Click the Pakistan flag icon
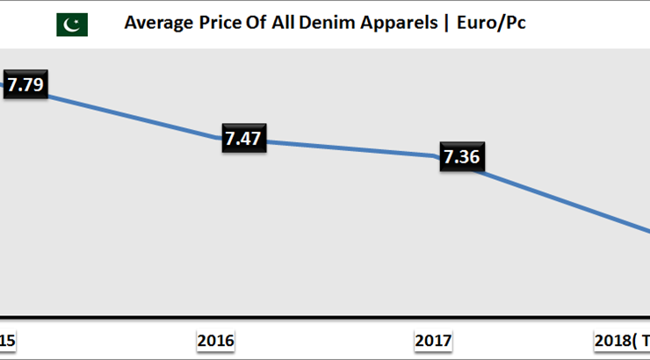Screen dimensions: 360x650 (72, 24)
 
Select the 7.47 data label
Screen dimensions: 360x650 (244, 139)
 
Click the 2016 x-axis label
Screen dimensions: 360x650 (216, 341)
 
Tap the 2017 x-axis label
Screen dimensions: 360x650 (432, 341)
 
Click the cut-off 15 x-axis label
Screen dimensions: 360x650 (6, 341)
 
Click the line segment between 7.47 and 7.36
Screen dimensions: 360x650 (351, 148)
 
